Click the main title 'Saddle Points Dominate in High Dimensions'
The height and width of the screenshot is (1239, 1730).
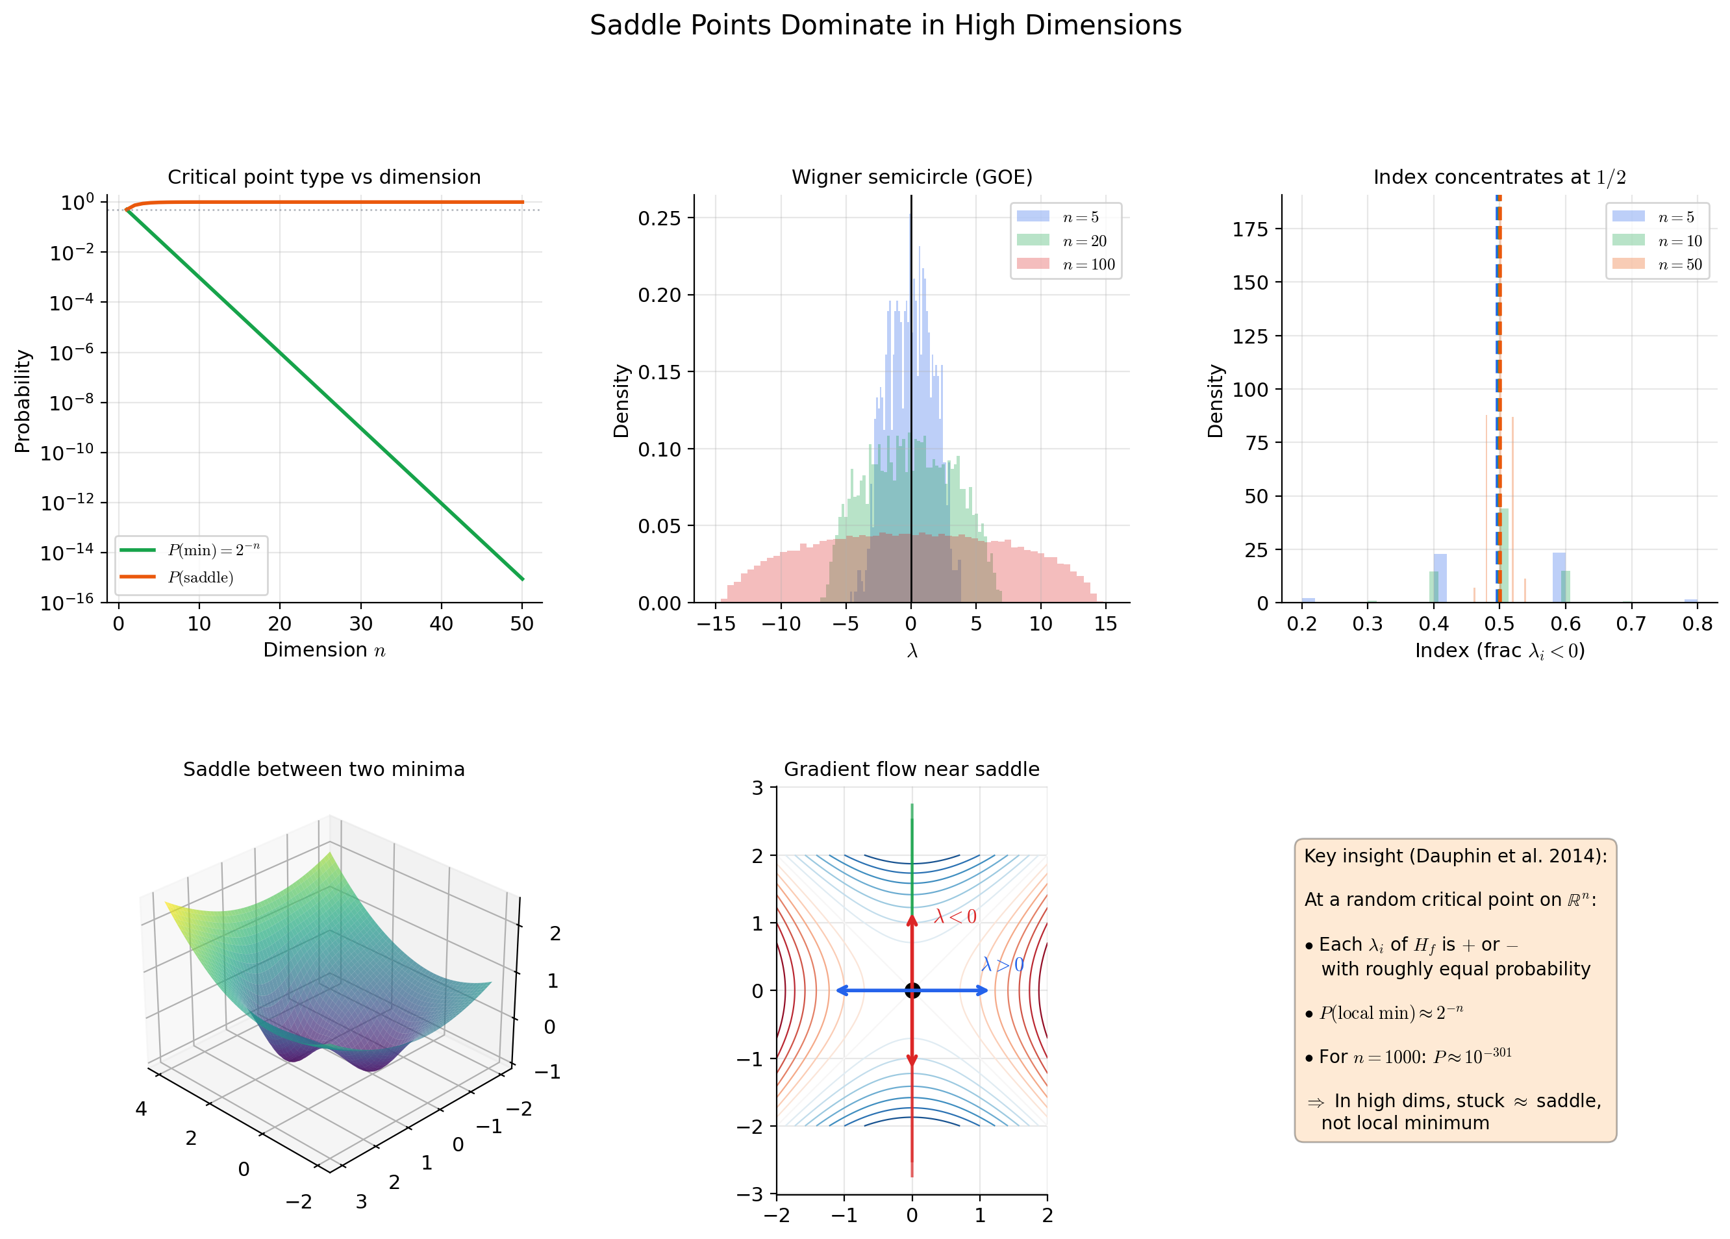pyautogui.click(x=886, y=26)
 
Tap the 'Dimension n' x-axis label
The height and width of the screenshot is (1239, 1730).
pyautogui.click(x=324, y=650)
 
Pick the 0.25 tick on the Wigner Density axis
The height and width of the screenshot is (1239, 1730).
pyautogui.click(x=660, y=218)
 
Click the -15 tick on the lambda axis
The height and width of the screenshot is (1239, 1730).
pyautogui.click(x=716, y=624)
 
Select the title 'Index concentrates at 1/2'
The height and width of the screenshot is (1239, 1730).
pyautogui.click(x=1499, y=177)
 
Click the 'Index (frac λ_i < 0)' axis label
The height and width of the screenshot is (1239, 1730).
pyautogui.click(x=1499, y=651)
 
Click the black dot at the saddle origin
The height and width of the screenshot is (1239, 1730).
pyautogui.click(x=912, y=990)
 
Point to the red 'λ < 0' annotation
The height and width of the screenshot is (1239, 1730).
pyautogui.click(x=955, y=917)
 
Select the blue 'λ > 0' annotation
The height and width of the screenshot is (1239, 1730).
pyautogui.click(x=1002, y=965)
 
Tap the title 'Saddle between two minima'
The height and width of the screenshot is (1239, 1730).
pyautogui.click(x=324, y=769)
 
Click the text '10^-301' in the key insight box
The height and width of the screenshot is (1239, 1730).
pyautogui.click(x=1487, y=1055)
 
